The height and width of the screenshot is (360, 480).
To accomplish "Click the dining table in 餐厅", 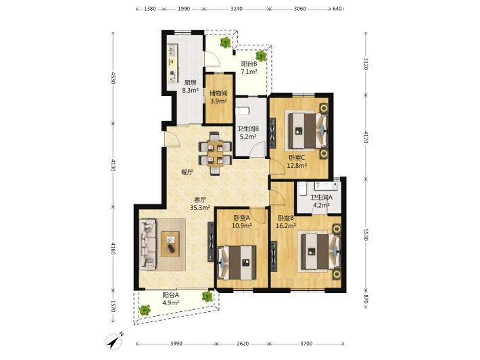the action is click(215, 153).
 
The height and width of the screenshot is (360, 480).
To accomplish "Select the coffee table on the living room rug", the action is click(170, 244).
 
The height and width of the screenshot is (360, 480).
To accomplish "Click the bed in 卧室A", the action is click(237, 263).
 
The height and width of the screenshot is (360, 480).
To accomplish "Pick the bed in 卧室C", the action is click(307, 130).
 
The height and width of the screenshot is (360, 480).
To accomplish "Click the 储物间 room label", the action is click(218, 93).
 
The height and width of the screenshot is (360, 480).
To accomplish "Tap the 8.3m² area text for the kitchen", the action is click(191, 91).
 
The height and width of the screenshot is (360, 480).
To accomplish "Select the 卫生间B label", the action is click(248, 129).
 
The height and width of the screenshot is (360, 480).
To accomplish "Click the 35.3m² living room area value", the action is click(200, 208).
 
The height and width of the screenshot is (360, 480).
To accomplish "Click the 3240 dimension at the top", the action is click(237, 9).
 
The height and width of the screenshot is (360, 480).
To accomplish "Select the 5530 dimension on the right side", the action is click(366, 233).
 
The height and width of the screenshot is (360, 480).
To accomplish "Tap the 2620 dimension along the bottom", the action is click(243, 344).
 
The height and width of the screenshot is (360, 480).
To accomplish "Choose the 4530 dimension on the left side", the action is click(113, 78).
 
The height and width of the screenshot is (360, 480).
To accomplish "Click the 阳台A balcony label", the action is click(170, 295).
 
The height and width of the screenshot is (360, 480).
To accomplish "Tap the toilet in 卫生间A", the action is click(303, 188).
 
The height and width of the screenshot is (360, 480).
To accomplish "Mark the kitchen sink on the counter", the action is click(172, 49).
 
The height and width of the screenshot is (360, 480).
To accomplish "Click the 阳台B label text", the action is click(249, 64).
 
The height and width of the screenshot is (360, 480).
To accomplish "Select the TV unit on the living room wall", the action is click(211, 242).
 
